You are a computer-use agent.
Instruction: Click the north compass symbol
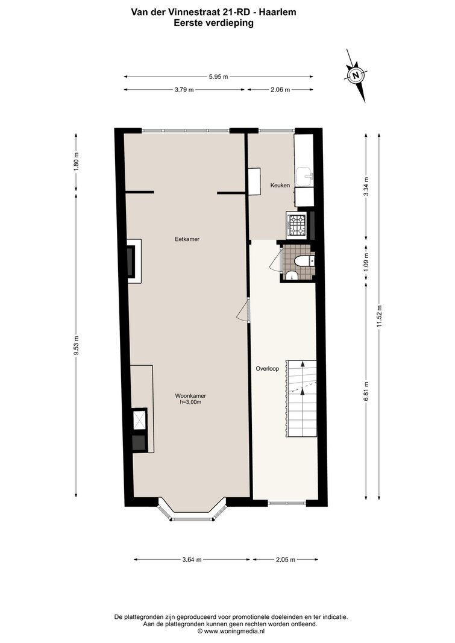356,75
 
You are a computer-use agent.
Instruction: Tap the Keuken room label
280,186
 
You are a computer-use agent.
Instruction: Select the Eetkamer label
187,239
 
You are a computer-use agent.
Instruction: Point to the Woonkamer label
190,396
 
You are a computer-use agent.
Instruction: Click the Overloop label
267,369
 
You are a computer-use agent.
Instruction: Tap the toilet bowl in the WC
303,260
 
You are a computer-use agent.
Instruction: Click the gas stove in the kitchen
298,225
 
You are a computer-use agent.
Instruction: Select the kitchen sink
304,175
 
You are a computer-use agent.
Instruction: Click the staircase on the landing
302,399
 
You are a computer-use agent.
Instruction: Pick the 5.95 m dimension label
219,77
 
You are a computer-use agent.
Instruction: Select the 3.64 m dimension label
192,559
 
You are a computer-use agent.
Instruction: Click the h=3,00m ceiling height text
190,403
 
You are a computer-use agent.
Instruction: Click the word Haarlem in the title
280,12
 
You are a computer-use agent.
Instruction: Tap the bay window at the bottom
192,510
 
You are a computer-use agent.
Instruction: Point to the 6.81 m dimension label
366,392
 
